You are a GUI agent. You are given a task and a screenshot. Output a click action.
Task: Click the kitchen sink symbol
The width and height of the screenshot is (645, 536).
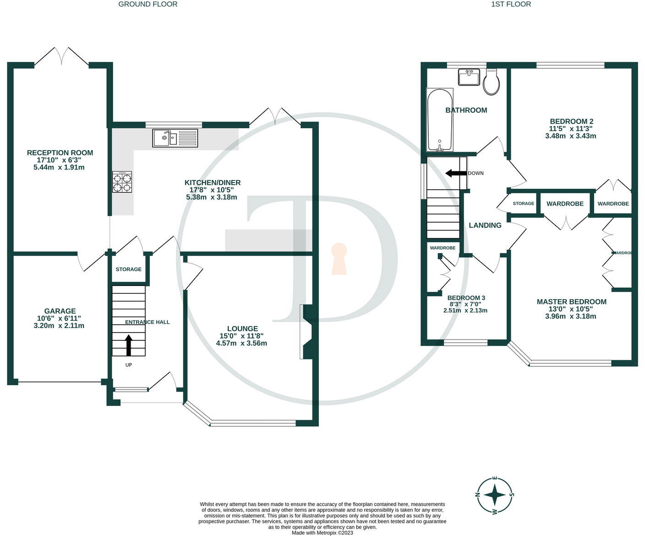175,138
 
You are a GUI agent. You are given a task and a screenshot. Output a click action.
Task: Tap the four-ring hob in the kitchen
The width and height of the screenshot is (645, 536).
122,182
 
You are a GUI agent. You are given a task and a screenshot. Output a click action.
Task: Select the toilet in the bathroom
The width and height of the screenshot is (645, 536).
492,82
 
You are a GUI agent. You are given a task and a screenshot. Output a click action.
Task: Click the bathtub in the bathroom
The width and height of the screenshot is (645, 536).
440,120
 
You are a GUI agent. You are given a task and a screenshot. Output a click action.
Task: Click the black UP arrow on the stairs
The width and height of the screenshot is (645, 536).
128,345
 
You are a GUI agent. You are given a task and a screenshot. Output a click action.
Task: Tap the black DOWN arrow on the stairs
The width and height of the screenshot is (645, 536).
456,173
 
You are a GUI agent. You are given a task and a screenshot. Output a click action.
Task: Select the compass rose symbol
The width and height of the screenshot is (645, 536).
495,495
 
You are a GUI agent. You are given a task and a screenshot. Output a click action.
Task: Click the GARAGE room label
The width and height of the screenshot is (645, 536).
60,311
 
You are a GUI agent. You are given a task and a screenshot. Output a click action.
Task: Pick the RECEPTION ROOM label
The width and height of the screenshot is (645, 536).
60,153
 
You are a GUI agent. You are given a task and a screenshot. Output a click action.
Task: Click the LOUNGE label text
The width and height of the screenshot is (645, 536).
242,328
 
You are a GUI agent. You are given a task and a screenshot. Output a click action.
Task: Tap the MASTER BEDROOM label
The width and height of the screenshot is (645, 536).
571,302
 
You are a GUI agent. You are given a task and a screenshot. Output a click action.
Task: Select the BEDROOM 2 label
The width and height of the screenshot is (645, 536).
571,121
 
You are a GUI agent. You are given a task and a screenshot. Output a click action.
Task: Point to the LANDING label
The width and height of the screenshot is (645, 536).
485,225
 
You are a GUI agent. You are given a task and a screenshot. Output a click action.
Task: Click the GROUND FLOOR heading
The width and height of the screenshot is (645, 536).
148,4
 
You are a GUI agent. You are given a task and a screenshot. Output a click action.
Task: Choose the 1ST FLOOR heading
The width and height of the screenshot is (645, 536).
511,4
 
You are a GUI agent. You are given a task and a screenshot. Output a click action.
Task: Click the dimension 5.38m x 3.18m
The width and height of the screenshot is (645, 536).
211,197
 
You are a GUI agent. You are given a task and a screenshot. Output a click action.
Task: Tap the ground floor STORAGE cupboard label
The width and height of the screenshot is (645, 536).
128,269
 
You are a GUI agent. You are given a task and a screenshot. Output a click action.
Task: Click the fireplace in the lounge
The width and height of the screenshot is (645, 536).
306,332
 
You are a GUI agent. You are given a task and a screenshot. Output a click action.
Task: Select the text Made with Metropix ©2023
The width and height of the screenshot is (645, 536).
322,533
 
